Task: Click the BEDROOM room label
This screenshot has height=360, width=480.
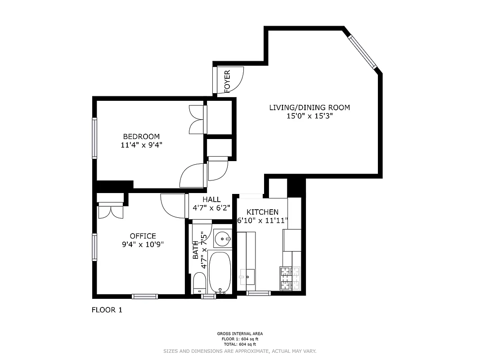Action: [x=141, y=136]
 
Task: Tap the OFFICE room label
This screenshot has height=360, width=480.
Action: [x=143, y=236]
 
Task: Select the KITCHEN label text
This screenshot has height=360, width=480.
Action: [x=262, y=212]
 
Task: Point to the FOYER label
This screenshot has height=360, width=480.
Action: [x=227, y=81]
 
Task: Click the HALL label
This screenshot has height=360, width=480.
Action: [x=211, y=199]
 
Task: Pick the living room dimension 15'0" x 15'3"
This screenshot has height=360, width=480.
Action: [x=310, y=116]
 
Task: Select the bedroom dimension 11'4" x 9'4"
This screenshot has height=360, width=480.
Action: [x=141, y=145]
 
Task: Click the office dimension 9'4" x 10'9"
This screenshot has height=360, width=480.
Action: [x=143, y=244]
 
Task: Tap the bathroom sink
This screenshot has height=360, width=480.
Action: [x=222, y=238]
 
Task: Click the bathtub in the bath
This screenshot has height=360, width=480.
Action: [x=220, y=272]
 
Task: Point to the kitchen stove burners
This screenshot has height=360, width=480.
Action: [x=290, y=278]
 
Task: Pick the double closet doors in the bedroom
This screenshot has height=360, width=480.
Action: [x=197, y=119]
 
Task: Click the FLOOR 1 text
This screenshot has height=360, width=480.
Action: [x=107, y=310]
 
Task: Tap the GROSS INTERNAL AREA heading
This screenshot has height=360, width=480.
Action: [x=240, y=334]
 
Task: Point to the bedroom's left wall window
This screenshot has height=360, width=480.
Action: [x=95, y=138]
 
